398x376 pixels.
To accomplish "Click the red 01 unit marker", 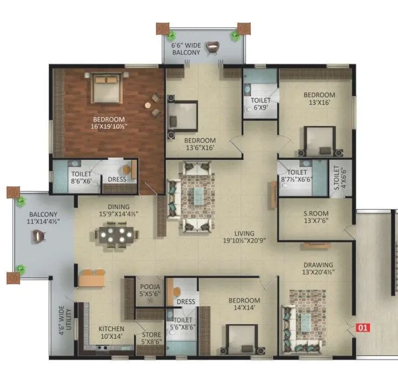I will click(x=362, y=327).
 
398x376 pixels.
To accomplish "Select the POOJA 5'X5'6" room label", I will click(x=148, y=290).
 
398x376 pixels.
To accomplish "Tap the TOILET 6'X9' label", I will click(x=261, y=104).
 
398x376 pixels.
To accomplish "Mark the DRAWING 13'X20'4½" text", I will click(x=318, y=269).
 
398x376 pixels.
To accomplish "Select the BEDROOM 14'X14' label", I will click(x=244, y=304).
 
